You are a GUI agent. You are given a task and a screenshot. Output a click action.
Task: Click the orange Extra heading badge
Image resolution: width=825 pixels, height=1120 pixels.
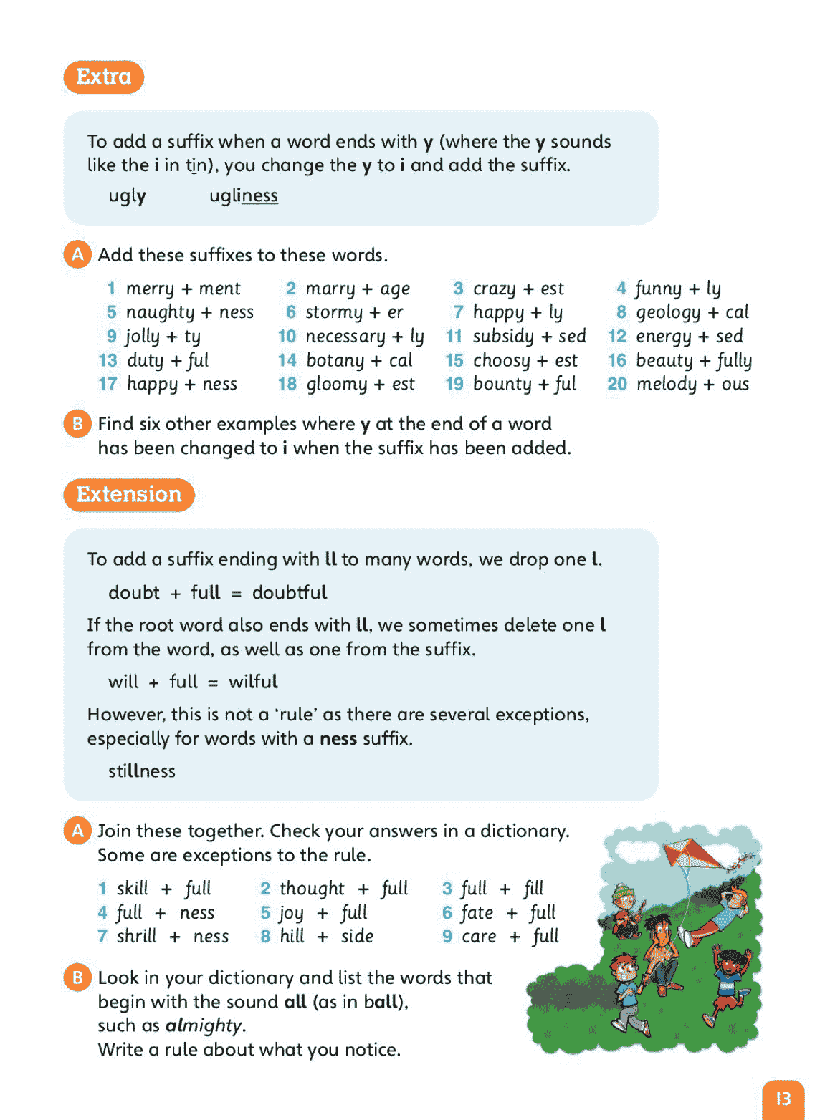click(104, 77)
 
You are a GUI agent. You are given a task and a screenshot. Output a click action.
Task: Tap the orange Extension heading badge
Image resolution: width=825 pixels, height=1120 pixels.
click(129, 495)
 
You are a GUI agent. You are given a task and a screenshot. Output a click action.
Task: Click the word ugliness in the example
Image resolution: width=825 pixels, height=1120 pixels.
click(243, 195)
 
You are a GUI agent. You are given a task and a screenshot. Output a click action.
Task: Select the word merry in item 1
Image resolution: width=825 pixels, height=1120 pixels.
click(150, 289)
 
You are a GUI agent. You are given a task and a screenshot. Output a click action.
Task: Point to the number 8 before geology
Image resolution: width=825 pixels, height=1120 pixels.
click(621, 312)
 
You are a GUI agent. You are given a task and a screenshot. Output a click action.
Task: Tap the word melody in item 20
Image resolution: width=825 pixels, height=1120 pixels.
click(667, 385)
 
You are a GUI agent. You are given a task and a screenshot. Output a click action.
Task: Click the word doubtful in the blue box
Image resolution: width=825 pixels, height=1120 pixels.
click(290, 592)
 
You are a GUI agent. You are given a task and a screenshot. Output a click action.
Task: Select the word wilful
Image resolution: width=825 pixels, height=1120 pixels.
click(253, 682)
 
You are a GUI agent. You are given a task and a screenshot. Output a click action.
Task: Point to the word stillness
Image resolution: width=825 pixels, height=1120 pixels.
click(142, 771)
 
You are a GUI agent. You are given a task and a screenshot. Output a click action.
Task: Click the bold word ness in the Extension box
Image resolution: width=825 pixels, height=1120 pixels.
click(338, 738)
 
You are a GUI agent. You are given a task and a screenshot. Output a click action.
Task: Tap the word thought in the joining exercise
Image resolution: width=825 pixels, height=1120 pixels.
click(312, 889)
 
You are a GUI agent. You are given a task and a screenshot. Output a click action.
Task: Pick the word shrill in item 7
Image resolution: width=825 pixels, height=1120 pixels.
click(137, 937)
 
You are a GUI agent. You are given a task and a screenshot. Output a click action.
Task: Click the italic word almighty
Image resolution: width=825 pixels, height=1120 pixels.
click(204, 1025)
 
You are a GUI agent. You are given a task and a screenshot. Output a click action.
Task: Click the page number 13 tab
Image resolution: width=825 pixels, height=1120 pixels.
click(783, 1099)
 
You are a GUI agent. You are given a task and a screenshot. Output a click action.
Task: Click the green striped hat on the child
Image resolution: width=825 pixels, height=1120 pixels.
click(626, 892)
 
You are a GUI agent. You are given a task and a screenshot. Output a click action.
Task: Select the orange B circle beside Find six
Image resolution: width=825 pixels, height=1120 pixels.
click(77, 424)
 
